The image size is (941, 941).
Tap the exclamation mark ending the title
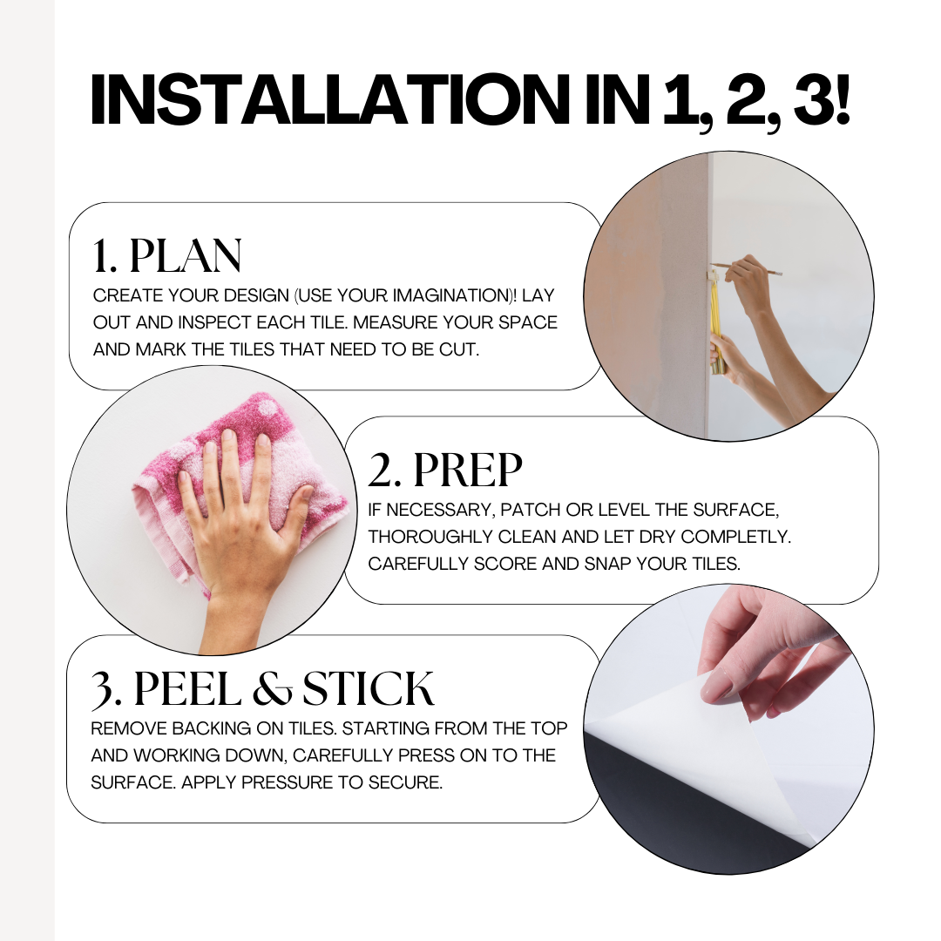tap(842, 99)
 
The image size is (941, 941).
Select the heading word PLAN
tap(186, 256)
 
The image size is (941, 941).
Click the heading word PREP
tap(468, 470)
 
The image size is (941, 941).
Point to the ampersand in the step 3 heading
tap(272, 689)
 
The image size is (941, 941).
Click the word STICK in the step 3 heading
tap(368, 688)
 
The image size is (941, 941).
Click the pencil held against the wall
tap(747, 269)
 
